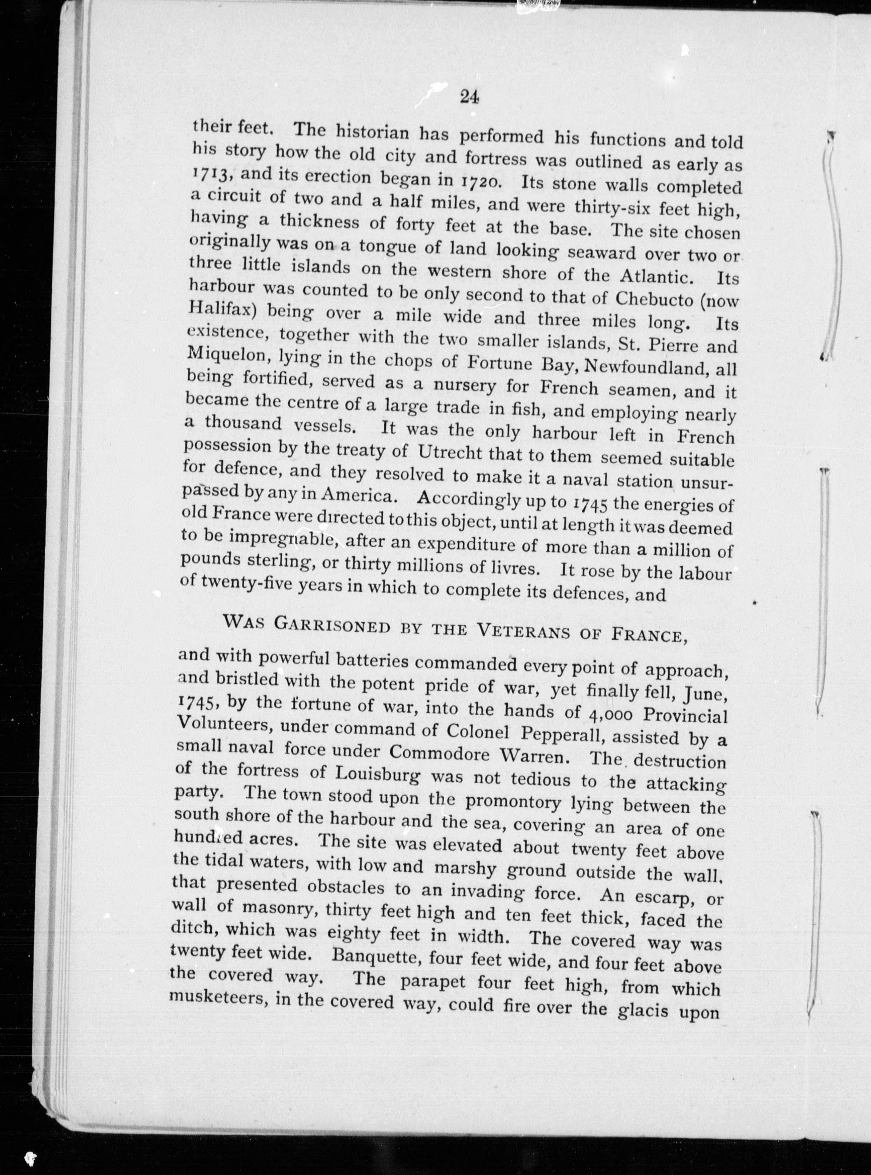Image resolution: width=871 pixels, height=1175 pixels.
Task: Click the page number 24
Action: [x=469, y=97]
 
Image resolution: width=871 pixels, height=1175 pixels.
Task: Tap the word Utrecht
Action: [x=451, y=452]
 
